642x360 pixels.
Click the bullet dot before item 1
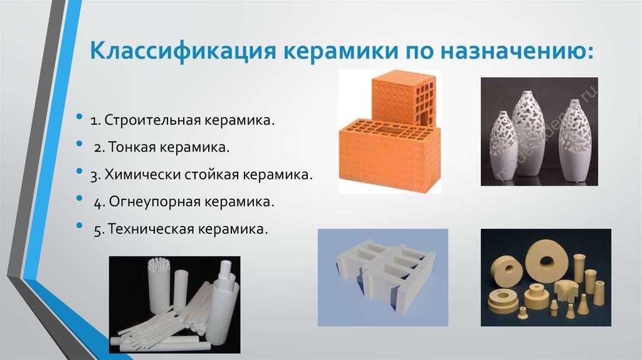80,117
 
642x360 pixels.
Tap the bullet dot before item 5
80,226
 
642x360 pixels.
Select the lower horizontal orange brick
389,156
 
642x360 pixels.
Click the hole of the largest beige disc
546,260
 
